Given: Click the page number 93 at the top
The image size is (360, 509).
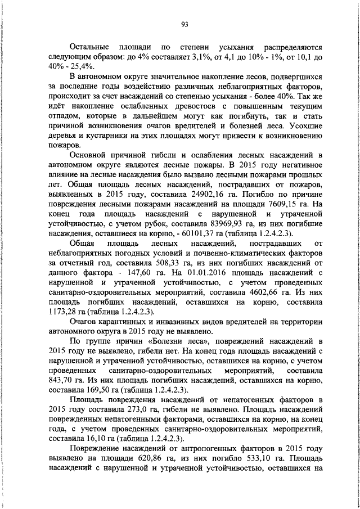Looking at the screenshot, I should pos(184,24).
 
